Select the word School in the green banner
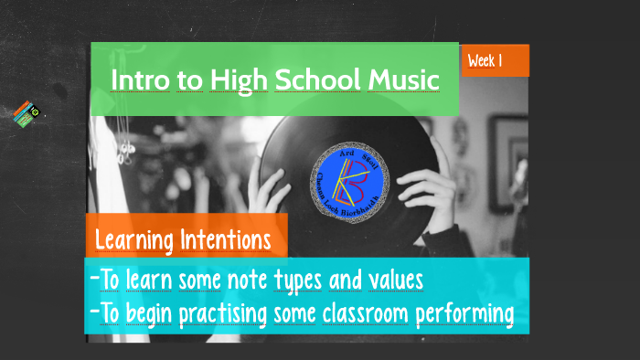pos(317,80)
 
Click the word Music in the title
pos(403,80)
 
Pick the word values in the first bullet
pos(394,279)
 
